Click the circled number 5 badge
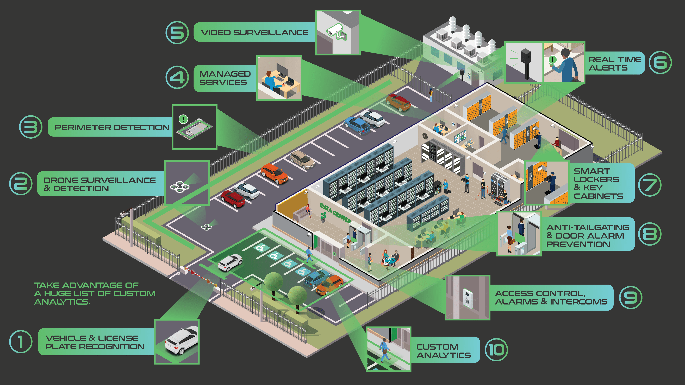click(177, 33)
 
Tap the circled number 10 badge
click(496, 350)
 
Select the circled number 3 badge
click(31, 127)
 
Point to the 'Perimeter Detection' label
click(112, 127)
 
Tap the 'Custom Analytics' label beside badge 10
click(443, 351)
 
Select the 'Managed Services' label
click(225, 78)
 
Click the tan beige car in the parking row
click(302, 159)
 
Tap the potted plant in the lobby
click(323, 217)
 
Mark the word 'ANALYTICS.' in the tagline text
click(62, 302)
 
